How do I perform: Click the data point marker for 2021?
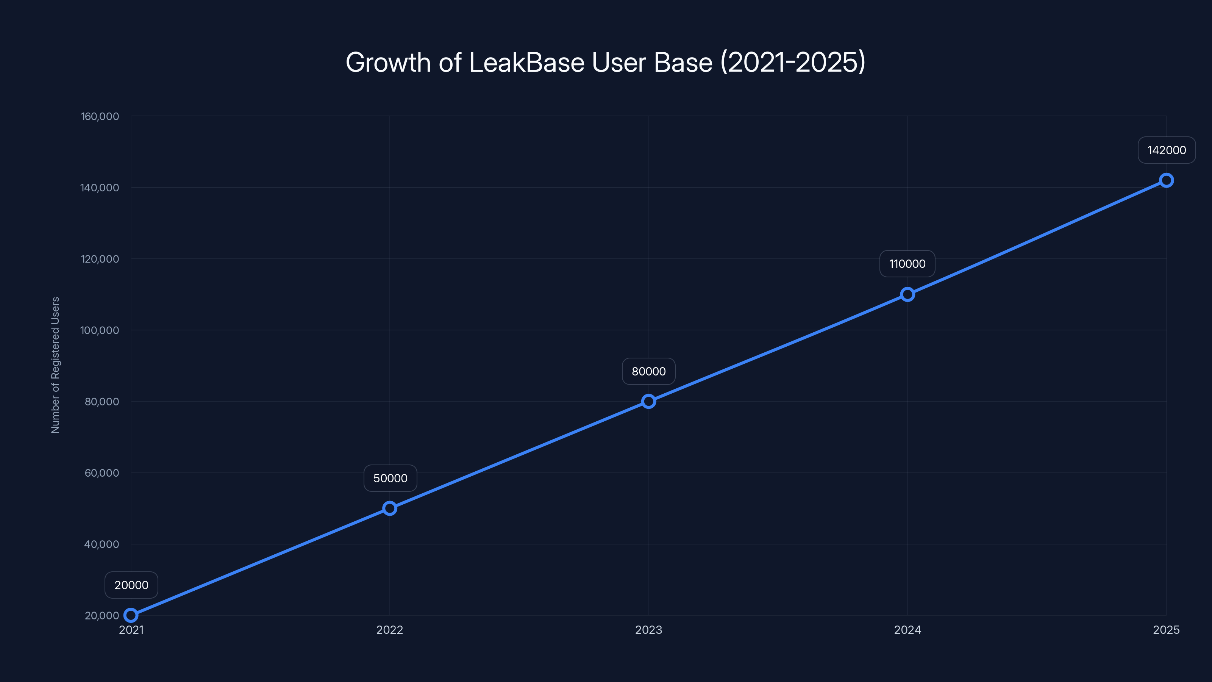131,615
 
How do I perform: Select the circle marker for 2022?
390,508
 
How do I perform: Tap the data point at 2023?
648,402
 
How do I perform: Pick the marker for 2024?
907,295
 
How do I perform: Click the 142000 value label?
1167,150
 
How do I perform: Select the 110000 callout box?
907,264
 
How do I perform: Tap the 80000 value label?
648,371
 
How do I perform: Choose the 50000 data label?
390,478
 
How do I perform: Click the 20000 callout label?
131,585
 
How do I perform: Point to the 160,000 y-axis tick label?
100,116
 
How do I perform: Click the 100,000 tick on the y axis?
100,330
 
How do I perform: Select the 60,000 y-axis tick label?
102,473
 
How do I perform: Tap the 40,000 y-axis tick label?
102,544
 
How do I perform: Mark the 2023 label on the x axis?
648,630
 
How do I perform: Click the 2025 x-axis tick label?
1166,630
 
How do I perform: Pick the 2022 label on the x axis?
390,630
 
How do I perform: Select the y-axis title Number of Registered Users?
56,365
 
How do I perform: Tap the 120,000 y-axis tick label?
100,259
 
